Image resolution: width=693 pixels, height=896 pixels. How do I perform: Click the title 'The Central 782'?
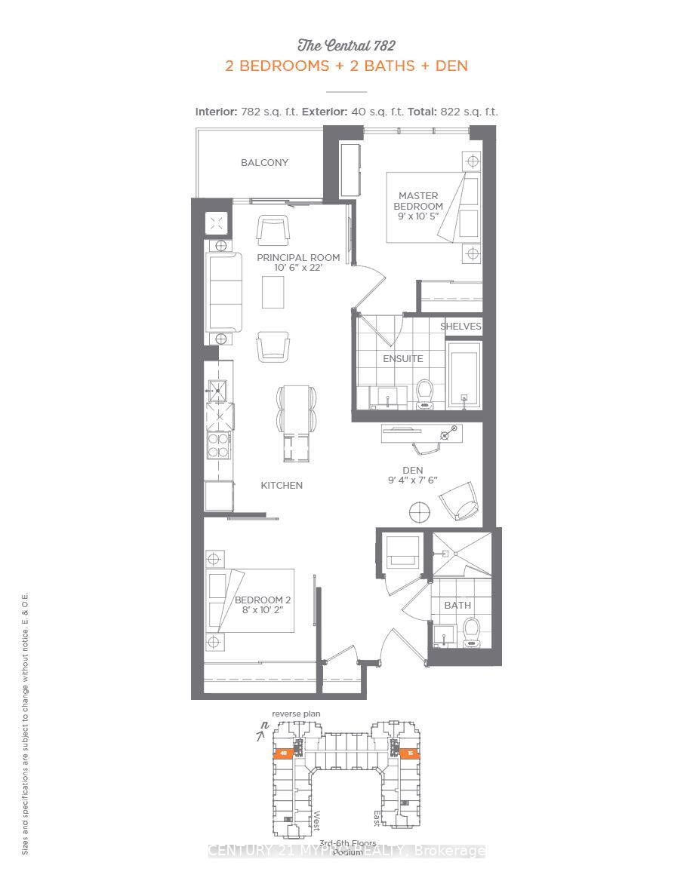point(346,45)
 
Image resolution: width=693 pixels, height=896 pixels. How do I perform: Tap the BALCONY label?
point(264,163)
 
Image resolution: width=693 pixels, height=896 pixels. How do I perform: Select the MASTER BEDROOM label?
point(418,201)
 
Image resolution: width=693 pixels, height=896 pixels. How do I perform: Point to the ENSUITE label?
point(402,358)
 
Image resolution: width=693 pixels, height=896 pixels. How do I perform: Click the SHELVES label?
point(460,327)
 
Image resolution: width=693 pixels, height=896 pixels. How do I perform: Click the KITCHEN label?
point(282,485)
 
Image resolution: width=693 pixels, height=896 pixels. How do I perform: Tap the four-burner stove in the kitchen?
point(219,445)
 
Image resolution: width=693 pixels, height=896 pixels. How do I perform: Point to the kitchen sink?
point(218,390)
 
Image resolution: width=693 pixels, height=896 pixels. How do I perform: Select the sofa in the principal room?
point(223,290)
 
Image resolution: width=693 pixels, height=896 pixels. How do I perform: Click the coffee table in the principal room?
point(273,292)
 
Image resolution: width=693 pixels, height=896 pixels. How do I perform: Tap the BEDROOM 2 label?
point(263,600)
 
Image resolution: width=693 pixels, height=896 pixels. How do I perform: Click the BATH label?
point(457,605)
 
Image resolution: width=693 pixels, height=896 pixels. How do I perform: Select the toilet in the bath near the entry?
point(472,632)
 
